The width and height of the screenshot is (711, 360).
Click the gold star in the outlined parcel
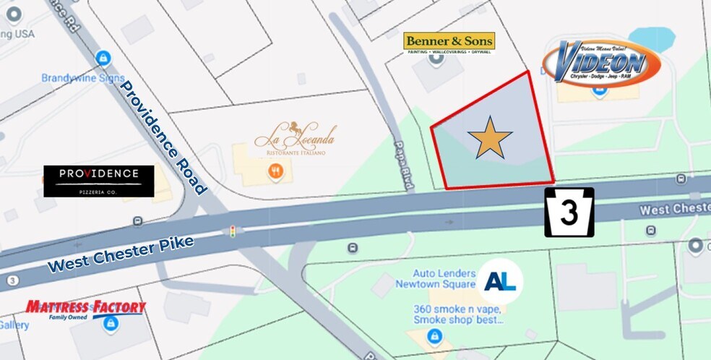pos(490,137)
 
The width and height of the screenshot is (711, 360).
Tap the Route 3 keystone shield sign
pos(569,213)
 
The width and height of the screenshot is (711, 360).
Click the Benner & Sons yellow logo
pos(449,43)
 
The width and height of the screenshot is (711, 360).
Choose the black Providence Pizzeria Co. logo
pos(98,181)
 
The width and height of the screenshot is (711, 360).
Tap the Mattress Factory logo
pos(85,309)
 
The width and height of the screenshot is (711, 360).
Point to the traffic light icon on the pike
pos(232,232)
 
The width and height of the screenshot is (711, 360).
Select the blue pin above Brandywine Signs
pos(103,57)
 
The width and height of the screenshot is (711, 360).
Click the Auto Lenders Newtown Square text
pos(445,279)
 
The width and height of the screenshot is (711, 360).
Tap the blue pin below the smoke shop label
pos(434,335)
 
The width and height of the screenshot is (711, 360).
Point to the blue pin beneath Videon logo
pos(599,91)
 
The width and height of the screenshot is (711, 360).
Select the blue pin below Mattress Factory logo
pos(110,326)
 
